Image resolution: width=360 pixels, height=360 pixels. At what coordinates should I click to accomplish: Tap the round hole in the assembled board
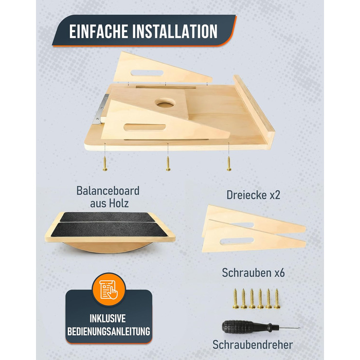165,103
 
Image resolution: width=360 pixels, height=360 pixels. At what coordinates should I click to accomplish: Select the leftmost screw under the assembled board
105,164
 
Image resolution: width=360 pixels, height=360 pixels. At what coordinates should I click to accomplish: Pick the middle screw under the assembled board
168,164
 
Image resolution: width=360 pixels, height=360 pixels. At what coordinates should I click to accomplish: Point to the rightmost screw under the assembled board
229,163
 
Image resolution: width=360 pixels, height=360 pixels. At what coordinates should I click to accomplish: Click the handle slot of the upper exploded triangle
147,73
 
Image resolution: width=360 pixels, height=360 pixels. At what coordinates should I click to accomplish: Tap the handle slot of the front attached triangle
145,128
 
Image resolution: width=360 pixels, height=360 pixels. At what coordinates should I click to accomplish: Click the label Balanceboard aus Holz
108,197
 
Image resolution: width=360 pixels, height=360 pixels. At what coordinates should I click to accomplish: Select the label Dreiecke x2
253,195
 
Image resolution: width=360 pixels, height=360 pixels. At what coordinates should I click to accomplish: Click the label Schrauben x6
253,273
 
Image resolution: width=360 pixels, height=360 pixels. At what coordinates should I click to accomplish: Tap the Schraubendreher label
253,345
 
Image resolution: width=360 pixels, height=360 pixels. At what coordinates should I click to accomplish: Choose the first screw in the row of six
236,299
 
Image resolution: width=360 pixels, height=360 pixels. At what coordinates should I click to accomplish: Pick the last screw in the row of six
277,299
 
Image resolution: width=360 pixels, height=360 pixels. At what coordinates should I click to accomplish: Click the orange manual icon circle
109,289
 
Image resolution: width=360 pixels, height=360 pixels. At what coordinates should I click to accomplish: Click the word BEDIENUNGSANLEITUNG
109,331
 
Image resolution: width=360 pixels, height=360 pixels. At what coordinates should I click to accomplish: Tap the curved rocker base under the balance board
108,247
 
